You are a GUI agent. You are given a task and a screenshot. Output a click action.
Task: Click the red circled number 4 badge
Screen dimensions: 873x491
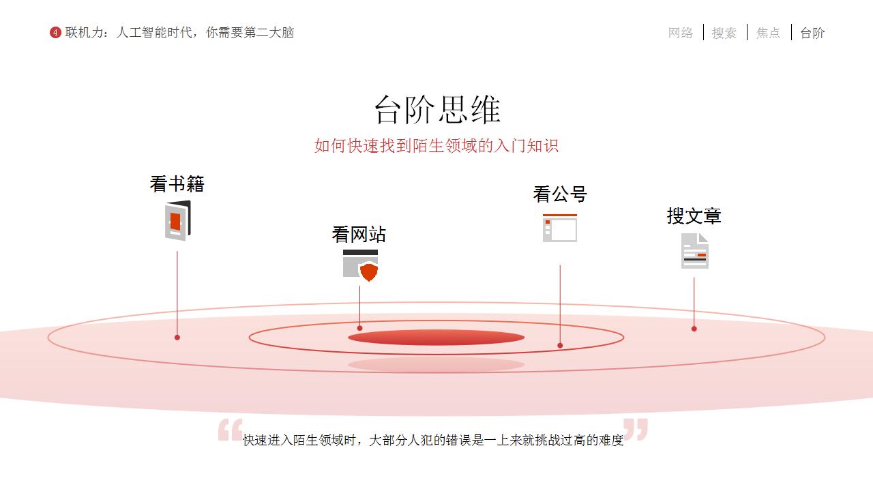tap(55, 32)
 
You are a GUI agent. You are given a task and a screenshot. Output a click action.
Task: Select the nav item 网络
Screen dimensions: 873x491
tap(681, 33)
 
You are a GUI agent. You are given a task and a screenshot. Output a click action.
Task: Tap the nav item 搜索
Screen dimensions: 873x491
tap(724, 33)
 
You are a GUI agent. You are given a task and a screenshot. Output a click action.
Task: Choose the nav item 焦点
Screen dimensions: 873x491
tap(768, 33)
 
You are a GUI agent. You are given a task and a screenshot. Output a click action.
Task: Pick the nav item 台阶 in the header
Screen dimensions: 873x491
tap(812, 33)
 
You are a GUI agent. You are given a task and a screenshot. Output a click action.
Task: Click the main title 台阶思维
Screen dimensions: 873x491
tap(437, 110)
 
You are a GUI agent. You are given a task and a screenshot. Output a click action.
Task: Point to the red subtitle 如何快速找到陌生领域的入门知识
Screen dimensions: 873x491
tap(436, 146)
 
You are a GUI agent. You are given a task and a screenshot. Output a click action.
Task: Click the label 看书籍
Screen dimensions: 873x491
tap(177, 184)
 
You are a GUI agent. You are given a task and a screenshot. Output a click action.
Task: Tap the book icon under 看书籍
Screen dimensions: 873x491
tap(178, 220)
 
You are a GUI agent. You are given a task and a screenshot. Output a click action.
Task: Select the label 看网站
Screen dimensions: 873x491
tap(359, 235)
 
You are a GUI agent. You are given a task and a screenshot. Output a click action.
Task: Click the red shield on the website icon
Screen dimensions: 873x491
tap(369, 272)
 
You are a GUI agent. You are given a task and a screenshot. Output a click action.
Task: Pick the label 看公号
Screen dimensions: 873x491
tap(560, 194)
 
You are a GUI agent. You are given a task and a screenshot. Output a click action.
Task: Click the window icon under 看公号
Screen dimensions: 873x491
tap(560, 228)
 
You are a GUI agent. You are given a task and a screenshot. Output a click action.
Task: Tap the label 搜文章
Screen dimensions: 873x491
tap(694, 216)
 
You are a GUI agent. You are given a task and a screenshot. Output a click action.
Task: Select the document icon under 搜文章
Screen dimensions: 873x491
tap(695, 251)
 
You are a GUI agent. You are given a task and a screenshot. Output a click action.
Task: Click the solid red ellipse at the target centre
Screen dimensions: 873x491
tap(436, 338)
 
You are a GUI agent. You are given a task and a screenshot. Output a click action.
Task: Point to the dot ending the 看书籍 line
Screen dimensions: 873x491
tap(177, 338)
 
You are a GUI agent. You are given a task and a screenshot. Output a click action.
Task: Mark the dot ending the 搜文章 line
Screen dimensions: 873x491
tap(694, 329)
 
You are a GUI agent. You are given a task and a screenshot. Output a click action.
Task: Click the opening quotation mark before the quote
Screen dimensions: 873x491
tap(231, 430)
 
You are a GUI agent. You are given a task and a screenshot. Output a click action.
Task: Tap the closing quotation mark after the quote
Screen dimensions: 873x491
tap(635, 430)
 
